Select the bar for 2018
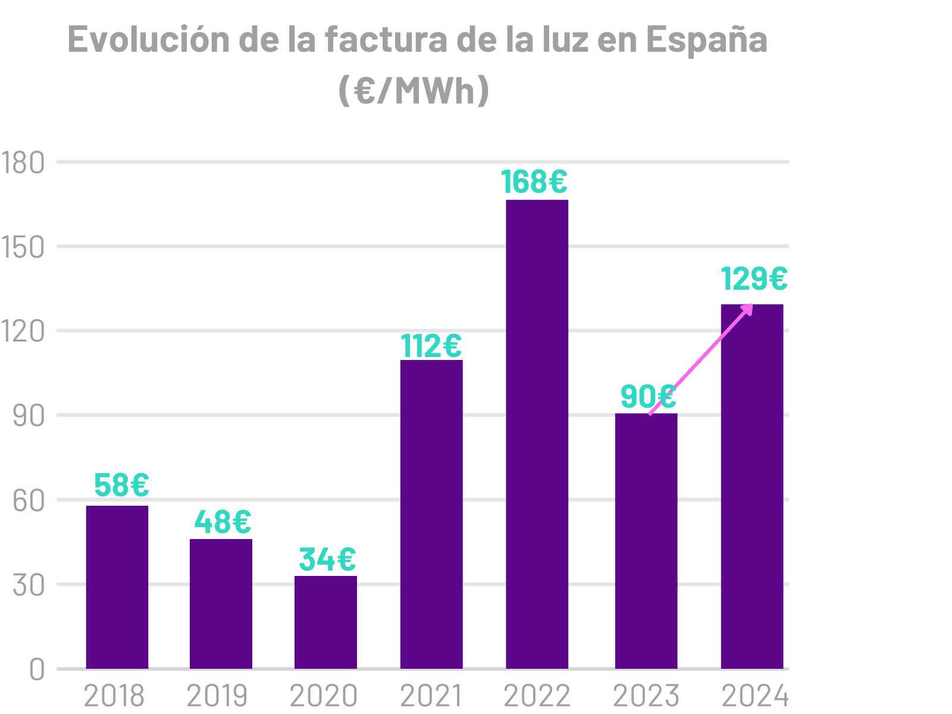click(x=117, y=587)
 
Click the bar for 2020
click(x=325, y=622)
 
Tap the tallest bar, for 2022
click(x=537, y=434)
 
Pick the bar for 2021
click(x=431, y=514)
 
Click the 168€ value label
click(x=534, y=181)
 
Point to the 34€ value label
click(x=327, y=559)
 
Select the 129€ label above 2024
click(x=754, y=278)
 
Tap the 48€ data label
click(x=223, y=522)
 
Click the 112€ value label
click(x=431, y=346)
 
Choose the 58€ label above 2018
click(x=121, y=485)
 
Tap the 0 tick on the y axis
click(x=36, y=670)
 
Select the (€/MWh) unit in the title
click(x=414, y=90)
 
